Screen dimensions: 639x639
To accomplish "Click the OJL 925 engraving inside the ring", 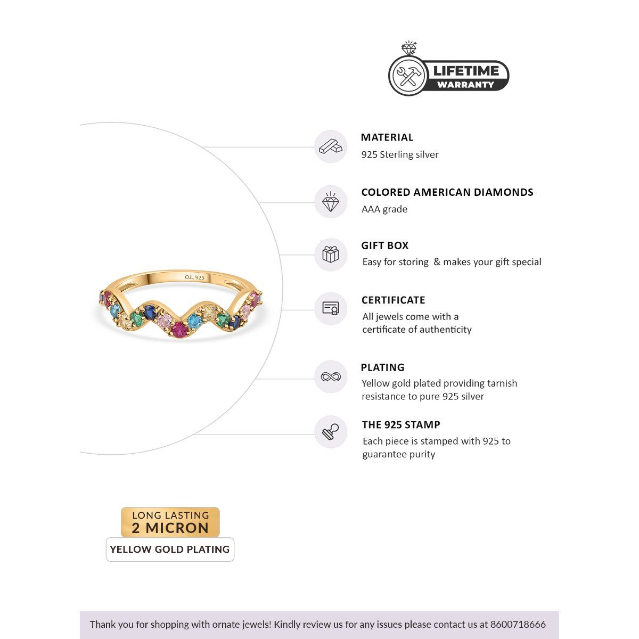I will pos(194,277).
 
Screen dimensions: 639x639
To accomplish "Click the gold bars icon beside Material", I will pos(331,146).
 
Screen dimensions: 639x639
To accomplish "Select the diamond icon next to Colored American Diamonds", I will pos(331,202).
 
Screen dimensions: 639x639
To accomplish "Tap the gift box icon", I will pos(331,255).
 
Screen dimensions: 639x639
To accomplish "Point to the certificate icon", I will pos(331,308).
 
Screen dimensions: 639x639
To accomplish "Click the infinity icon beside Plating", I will pos(331,377).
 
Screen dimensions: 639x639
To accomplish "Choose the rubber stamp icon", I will pos(331,431).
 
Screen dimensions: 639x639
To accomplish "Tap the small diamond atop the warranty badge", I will pos(409,48).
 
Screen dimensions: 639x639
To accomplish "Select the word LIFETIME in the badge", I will pos(465,71).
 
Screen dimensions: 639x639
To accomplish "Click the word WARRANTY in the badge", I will pos(465,84).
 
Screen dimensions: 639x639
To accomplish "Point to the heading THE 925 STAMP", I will pos(401,425).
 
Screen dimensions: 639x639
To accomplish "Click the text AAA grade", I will pos(384,209).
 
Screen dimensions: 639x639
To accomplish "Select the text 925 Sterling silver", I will pos(400,154).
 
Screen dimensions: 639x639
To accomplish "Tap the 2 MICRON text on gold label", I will pos(170,528).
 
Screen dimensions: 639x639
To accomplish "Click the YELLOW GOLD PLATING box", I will pos(170,550).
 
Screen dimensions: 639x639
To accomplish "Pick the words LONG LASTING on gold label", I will pos(170,515).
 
